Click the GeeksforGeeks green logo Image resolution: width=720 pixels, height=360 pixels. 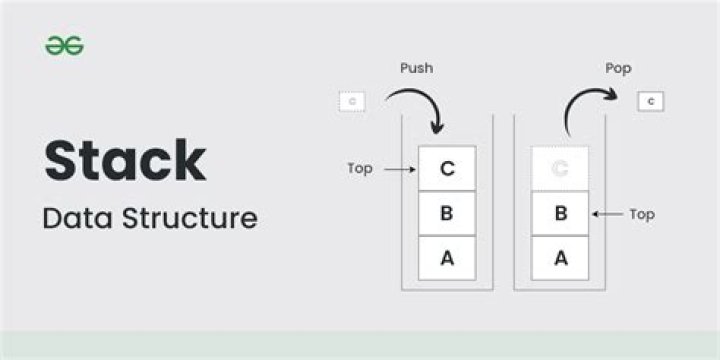[64, 46]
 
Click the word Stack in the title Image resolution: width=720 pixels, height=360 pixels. [124, 161]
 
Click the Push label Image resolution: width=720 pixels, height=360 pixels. [416, 69]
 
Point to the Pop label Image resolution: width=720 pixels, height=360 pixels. [618, 69]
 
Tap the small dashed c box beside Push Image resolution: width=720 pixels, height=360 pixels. [352, 101]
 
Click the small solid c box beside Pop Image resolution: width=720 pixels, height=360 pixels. [651, 101]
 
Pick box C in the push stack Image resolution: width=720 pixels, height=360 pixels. [447, 168]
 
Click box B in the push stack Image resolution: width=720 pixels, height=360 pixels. [447, 213]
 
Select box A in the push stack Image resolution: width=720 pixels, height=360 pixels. [447, 258]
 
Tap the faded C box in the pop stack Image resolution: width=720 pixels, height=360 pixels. [560, 168]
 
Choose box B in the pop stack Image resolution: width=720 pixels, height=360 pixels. [560, 213]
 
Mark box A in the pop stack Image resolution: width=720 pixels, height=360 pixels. [560, 258]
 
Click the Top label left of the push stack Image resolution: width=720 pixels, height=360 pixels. [360, 168]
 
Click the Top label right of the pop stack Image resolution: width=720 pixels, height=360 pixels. [642, 213]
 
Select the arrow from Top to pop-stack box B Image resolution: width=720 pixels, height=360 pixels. [607, 213]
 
